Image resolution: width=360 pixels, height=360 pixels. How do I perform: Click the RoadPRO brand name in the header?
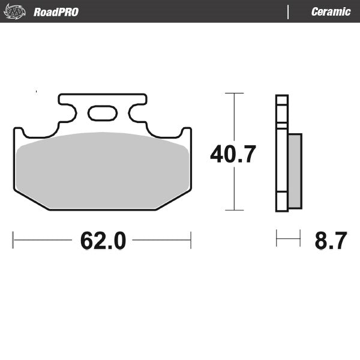point(56,11)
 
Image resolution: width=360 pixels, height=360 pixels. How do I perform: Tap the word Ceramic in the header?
point(331,11)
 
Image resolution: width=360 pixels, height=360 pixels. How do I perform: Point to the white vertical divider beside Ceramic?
point(289,11)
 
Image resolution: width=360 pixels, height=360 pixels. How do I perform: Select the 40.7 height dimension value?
point(233,154)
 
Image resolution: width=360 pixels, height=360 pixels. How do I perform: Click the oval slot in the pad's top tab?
point(103,113)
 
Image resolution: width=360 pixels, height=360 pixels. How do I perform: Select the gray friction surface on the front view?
point(102,171)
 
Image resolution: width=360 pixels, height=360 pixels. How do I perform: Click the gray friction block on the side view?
point(295,171)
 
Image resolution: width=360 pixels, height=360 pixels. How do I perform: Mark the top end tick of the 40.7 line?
point(234,94)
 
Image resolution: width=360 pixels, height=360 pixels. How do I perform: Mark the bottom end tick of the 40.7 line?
point(234,210)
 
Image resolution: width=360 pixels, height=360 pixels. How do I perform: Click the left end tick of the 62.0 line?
point(13,240)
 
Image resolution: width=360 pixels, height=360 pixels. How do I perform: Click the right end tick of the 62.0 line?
point(191,240)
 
